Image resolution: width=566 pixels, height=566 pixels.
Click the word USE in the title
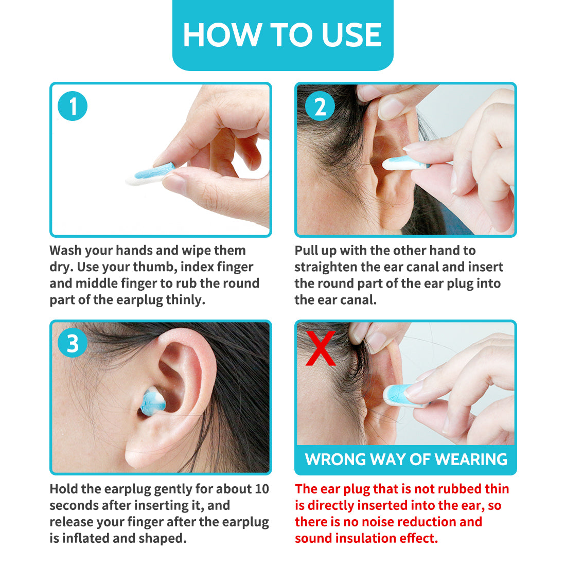coord(351,34)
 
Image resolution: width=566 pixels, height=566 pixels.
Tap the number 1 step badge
coord(73,106)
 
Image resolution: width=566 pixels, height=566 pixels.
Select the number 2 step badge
coord(320,106)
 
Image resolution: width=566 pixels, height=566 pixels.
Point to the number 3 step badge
coord(73,343)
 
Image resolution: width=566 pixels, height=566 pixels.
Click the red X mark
coord(321,348)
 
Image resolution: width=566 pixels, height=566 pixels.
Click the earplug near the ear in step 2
coord(406,163)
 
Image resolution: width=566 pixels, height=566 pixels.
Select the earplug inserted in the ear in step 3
coord(153,401)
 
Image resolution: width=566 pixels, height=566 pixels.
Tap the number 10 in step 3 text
coord(262,489)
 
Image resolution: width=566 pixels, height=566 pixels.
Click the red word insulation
coord(365,538)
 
